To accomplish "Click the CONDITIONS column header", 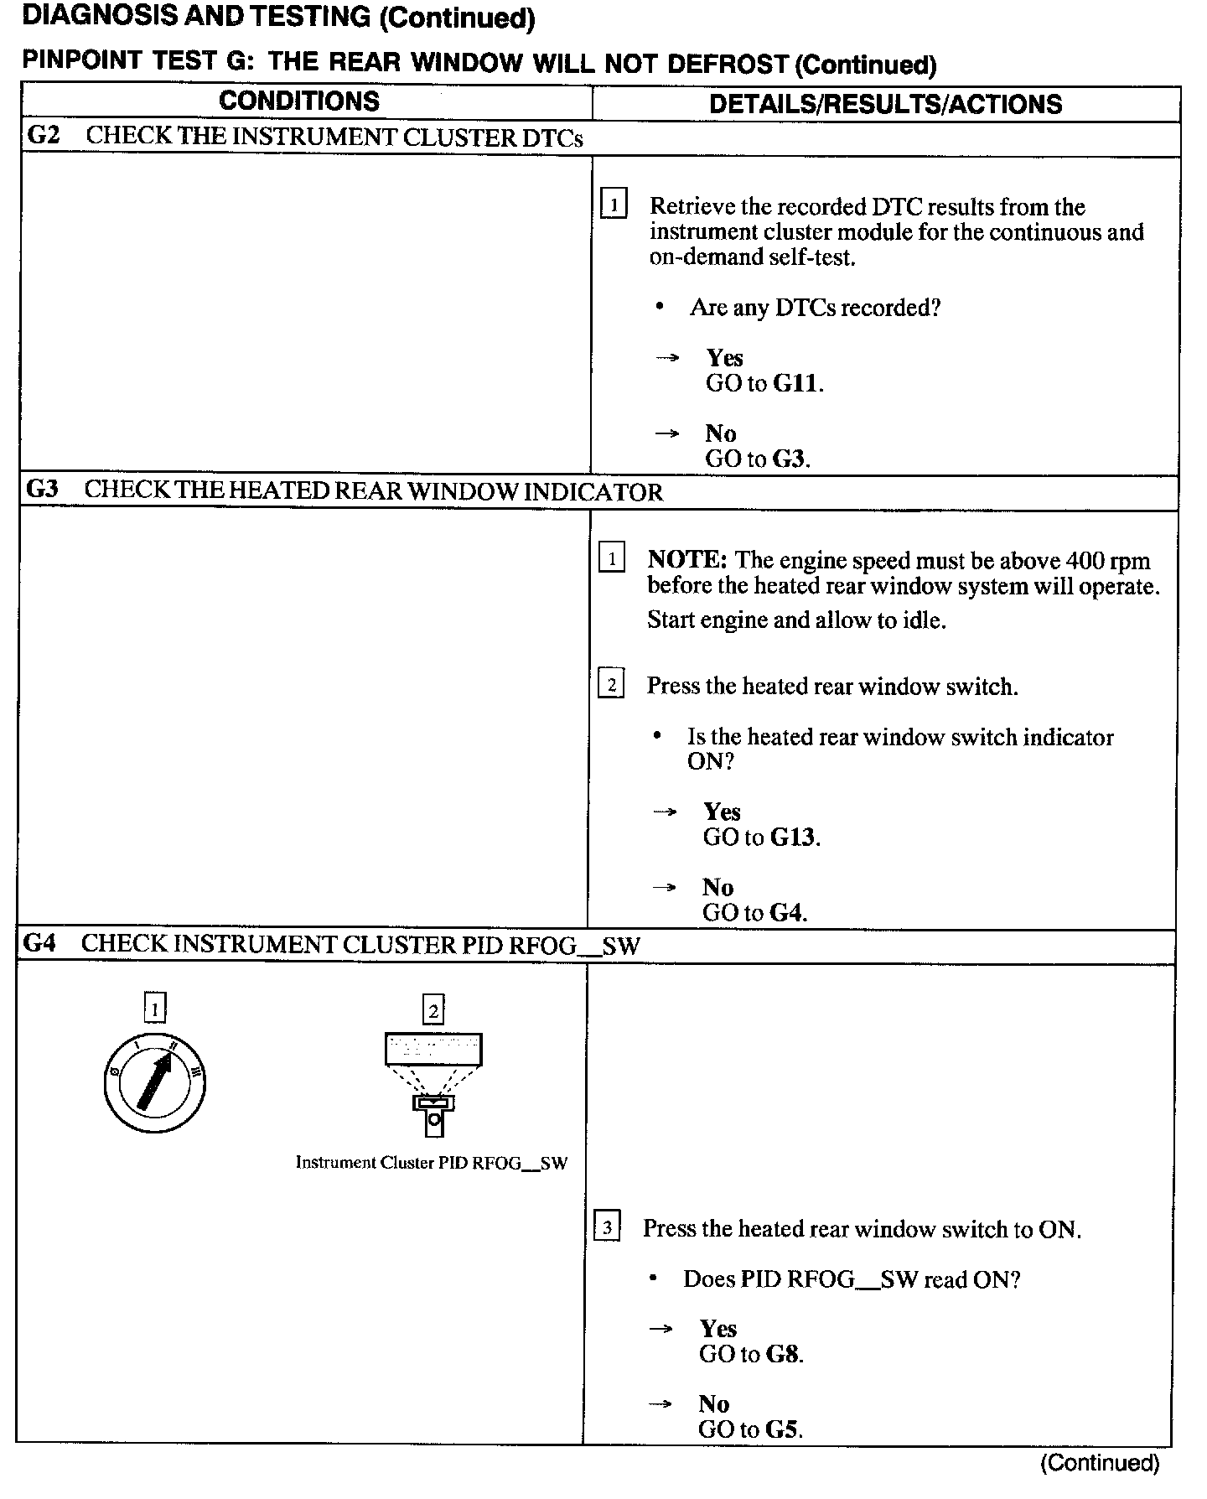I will click(299, 101).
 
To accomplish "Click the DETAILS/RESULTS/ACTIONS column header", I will click(885, 104).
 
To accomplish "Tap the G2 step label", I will click(44, 136).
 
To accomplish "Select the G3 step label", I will click(43, 489).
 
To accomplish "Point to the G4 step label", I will click(39, 943).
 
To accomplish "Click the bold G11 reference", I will click(796, 384).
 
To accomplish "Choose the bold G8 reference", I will click(784, 1355).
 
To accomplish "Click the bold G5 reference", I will click(783, 1430).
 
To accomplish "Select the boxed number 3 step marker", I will click(607, 1228).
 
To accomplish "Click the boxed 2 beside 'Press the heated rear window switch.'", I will click(611, 686).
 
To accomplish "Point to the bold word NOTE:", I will click(686, 560).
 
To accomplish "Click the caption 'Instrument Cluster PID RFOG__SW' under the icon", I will click(431, 1163).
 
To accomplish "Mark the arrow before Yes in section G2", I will click(667, 358).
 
